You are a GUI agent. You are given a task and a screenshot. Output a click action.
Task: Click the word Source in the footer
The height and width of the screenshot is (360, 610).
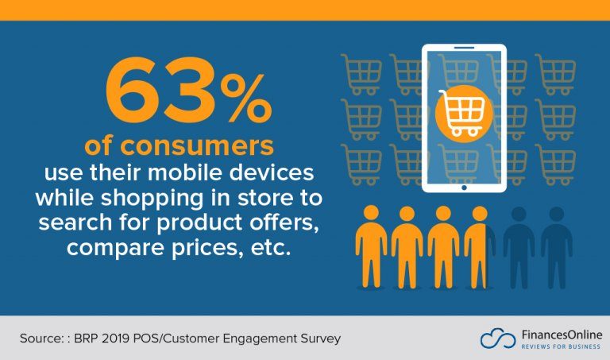pyautogui.click(x=41, y=339)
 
